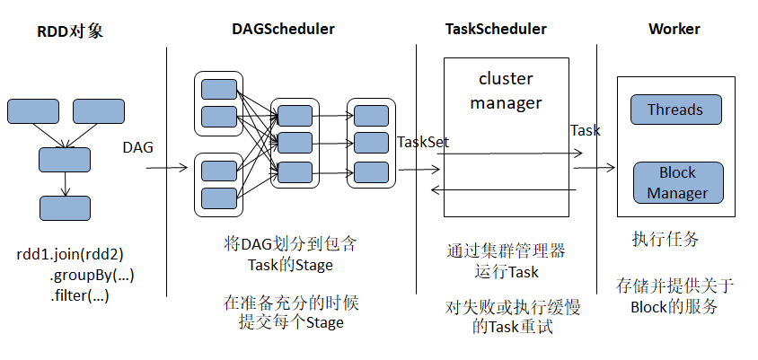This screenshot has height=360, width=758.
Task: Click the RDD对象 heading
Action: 70,31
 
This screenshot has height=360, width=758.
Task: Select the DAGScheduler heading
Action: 283,29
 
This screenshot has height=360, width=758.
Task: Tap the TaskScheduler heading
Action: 496,29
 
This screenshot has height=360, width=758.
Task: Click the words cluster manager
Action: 506,91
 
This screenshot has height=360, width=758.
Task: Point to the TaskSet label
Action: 422,141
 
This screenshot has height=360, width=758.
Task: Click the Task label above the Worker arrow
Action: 585,130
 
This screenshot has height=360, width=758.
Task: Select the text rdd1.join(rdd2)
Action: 71,254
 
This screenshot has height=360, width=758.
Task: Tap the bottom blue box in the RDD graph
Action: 65,208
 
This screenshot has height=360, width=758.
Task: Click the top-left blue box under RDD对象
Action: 33,111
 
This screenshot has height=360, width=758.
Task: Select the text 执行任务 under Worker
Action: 665,239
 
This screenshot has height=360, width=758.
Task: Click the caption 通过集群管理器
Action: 506,250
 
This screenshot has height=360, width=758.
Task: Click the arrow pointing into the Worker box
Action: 594,167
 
